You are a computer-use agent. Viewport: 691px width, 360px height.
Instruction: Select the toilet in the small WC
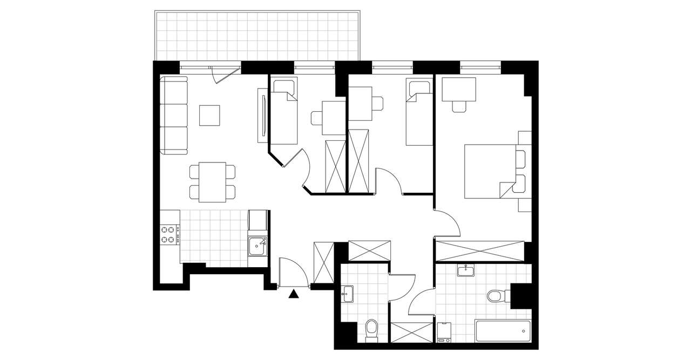371,329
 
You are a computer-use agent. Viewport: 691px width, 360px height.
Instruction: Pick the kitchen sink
256,246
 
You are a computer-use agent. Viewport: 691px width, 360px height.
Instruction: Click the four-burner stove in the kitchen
170,234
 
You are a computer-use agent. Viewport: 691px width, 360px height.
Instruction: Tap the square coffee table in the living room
209,115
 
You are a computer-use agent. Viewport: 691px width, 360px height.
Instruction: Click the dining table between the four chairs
212,182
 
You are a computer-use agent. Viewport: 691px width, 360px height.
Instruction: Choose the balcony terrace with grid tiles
257,36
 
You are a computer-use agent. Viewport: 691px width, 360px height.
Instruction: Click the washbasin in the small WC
348,294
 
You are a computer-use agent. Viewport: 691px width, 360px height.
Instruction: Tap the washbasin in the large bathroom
465,270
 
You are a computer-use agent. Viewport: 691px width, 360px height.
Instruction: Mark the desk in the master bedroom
459,90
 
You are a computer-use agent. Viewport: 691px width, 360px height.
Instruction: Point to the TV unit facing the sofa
262,115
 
